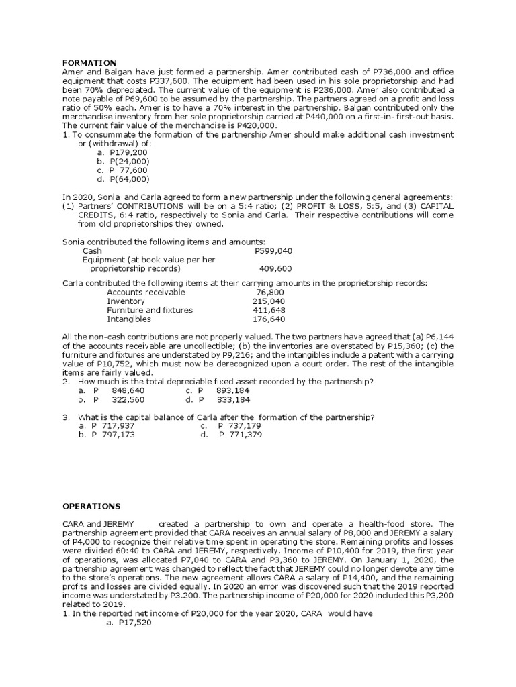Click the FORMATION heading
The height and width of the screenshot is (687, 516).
click(x=89, y=62)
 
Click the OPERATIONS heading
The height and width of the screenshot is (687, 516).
click(x=91, y=505)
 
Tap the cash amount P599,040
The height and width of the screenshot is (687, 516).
click(x=273, y=250)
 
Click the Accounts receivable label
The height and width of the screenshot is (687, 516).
click(x=146, y=293)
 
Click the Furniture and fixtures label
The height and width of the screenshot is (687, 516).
click(x=150, y=310)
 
